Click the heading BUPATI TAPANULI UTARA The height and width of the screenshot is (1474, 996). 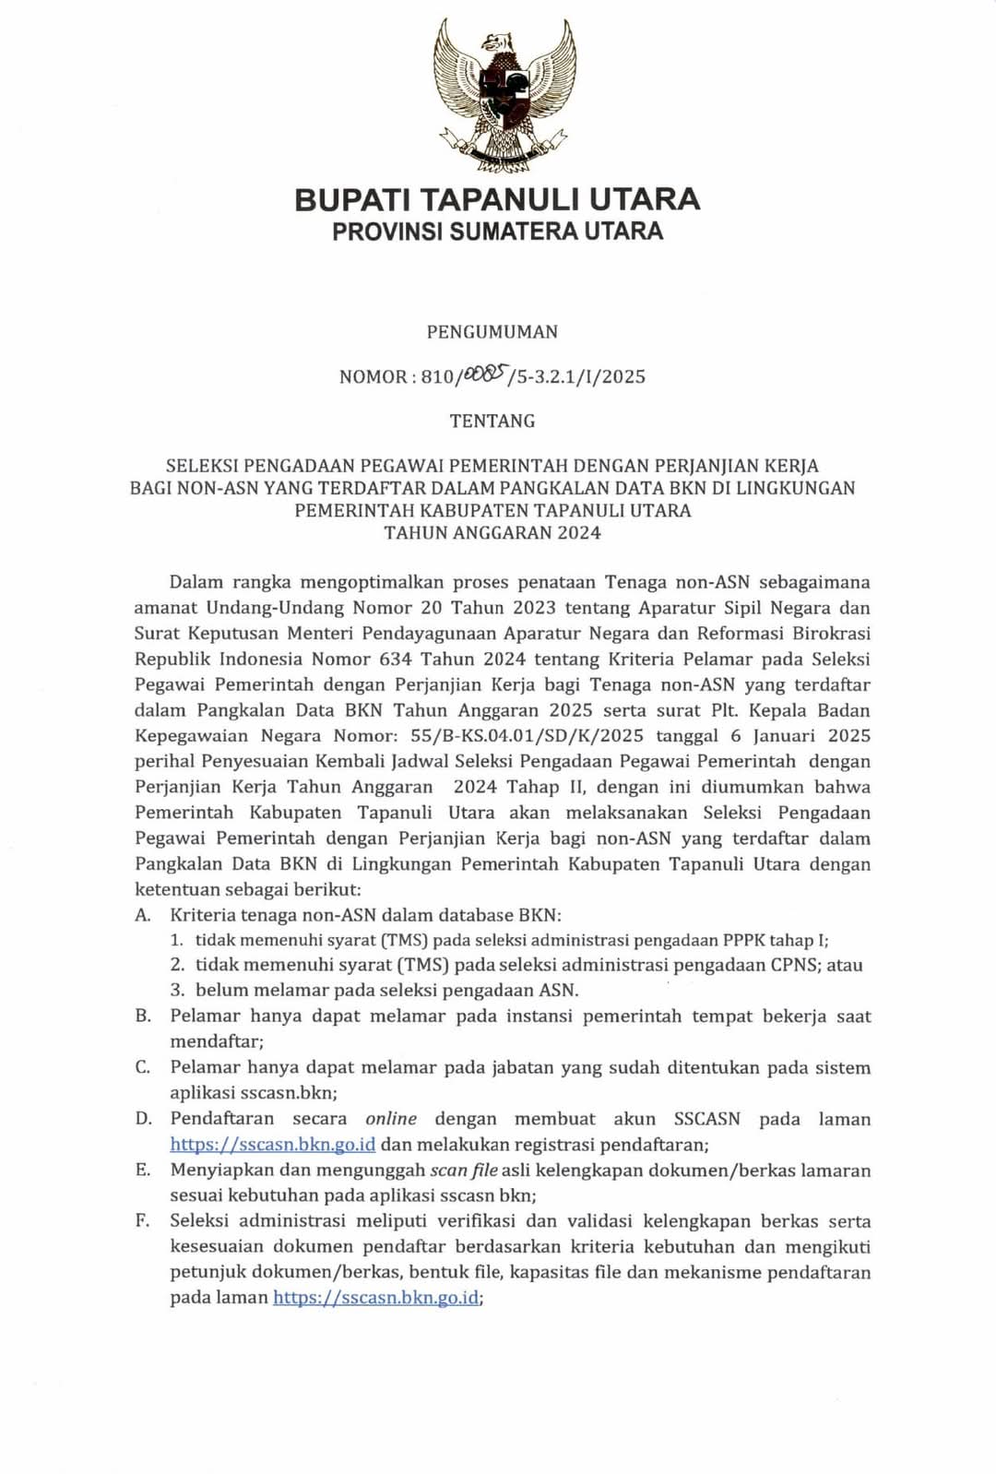click(x=497, y=199)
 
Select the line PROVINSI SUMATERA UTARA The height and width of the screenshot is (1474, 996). click(x=497, y=231)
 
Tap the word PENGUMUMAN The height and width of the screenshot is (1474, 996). click(x=492, y=332)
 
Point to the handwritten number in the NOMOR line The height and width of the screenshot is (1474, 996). click(x=485, y=374)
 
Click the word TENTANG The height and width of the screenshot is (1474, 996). click(x=492, y=421)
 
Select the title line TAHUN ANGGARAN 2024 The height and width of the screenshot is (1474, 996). click(x=492, y=532)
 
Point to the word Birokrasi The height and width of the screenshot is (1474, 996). click(x=827, y=634)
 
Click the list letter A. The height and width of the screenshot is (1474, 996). click(x=142, y=915)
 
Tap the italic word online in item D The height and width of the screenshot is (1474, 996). click(x=391, y=1119)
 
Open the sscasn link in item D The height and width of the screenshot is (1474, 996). click(x=272, y=1145)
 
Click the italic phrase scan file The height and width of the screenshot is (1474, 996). click(x=464, y=1171)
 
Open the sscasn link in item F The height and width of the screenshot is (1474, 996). click(x=376, y=1297)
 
